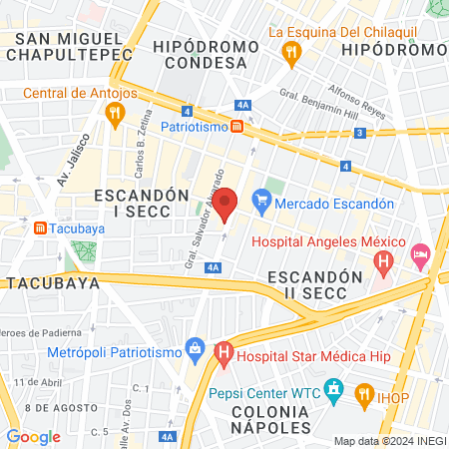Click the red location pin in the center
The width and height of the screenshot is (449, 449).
pos(225,204)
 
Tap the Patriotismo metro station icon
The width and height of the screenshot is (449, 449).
pos(237,127)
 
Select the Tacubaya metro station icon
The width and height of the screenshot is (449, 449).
pos(39,228)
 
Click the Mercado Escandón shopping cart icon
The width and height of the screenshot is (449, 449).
pos(261,202)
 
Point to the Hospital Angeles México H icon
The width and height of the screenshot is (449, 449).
pos(383,262)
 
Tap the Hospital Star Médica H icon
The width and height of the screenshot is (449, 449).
pos(224,352)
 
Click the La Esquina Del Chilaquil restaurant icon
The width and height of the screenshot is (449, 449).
pos(291,53)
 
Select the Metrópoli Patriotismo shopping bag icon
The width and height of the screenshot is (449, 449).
pos(196,351)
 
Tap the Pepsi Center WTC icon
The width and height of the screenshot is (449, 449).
pos(335,387)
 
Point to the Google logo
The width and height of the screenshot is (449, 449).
pos(33,436)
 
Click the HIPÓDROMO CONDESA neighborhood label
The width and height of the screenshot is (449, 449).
pos(200,55)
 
